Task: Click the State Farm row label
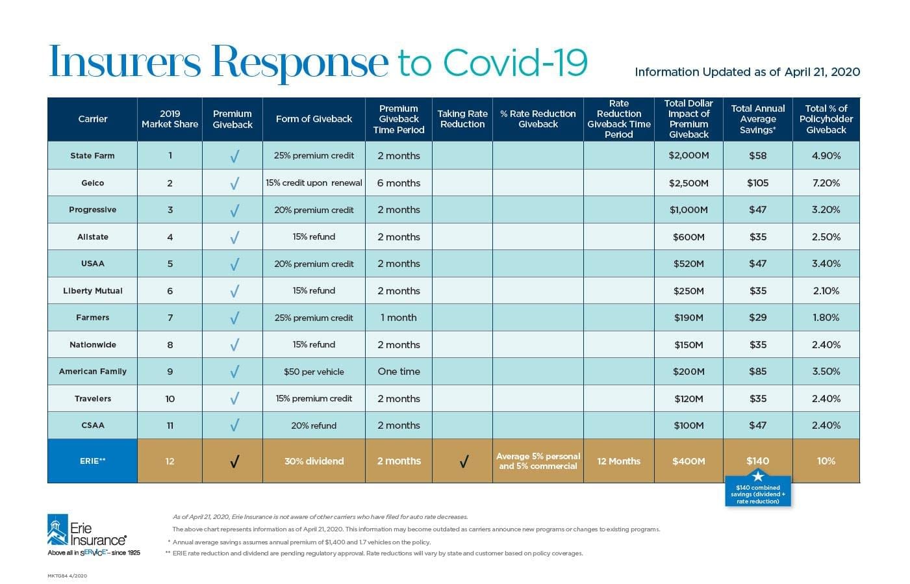pos(92,156)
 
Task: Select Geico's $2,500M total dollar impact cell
pos(689,183)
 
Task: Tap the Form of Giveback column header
pos(314,119)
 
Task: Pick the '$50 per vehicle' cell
pos(314,372)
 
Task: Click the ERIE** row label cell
pos(92,461)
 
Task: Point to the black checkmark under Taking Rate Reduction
pos(463,462)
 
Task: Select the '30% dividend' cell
pos(314,461)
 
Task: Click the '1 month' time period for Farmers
pos(399,318)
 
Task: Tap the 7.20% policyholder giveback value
pos(826,183)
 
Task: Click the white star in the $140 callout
pos(757,477)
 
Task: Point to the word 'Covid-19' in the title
pos(515,62)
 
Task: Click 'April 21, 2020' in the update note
pos(822,72)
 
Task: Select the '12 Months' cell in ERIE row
pos(618,461)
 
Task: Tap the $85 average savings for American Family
pos(757,372)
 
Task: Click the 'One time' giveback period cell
pos(399,372)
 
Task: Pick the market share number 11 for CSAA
pos(170,425)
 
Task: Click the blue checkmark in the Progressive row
pos(234,210)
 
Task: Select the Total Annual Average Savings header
pos(757,119)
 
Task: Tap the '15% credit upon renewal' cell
pos(314,183)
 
